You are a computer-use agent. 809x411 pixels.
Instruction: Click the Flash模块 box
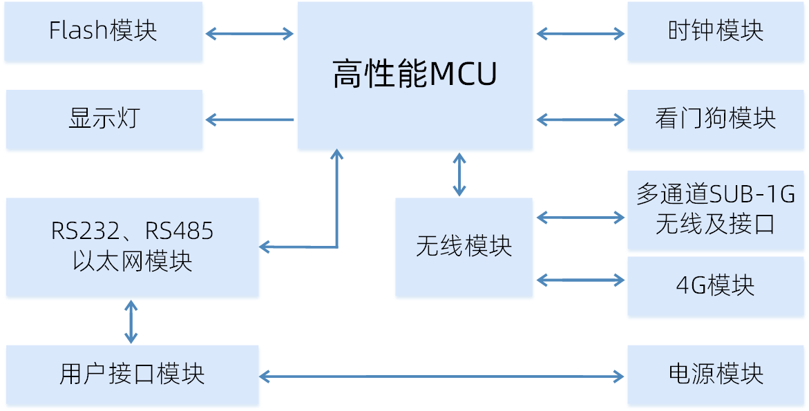pyautogui.click(x=104, y=32)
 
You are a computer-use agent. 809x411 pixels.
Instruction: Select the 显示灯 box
pyautogui.click(x=104, y=119)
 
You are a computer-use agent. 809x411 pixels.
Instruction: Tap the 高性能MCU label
pyautogui.click(x=415, y=75)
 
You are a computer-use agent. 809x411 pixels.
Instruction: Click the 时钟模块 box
pyautogui.click(x=716, y=32)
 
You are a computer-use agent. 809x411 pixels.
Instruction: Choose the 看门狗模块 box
pyautogui.click(x=716, y=119)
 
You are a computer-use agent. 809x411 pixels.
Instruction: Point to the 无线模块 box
pyautogui.click(x=464, y=247)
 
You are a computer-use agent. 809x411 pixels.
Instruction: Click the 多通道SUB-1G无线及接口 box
pyautogui.click(x=716, y=209)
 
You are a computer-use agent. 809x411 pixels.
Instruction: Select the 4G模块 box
pyautogui.click(x=716, y=286)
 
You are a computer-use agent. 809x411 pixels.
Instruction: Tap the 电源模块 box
pyautogui.click(x=716, y=374)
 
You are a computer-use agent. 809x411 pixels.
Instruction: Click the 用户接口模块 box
pyautogui.click(x=132, y=374)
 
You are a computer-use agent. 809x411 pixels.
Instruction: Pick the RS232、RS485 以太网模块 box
pyautogui.click(x=132, y=247)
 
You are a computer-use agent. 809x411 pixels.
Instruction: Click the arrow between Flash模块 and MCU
pyautogui.click(x=250, y=32)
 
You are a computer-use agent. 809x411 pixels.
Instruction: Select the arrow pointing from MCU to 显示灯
pyautogui.click(x=250, y=120)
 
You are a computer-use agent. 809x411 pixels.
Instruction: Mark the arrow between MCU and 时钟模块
pyautogui.click(x=580, y=32)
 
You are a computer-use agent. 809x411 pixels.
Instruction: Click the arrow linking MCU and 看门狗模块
pyautogui.click(x=580, y=120)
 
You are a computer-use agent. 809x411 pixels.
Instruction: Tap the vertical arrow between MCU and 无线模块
pyautogui.click(x=459, y=174)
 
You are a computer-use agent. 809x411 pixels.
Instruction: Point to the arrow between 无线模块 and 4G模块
pyautogui.click(x=580, y=280)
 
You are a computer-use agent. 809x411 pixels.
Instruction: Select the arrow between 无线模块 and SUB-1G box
pyautogui.click(x=580, y=217)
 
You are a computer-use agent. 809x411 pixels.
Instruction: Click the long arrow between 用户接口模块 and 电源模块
pyautogui.click(x=442, y=376)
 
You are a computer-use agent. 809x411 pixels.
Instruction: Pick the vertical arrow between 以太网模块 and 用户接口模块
pyautogui.click(x=131, y=321)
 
